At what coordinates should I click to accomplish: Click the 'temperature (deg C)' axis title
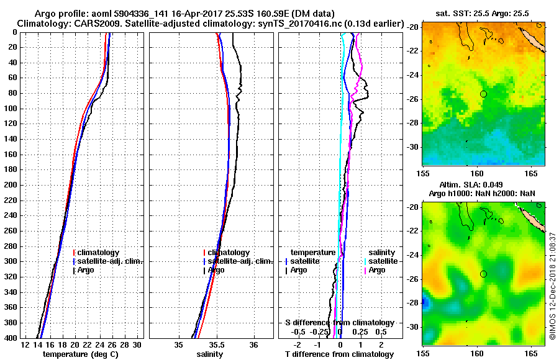(81, 354)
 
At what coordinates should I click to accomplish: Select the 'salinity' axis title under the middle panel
(211, 354)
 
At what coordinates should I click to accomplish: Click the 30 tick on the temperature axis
(137, 344)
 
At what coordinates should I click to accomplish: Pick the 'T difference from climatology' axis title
(339, 354)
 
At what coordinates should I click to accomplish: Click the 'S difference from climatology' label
(339, 323)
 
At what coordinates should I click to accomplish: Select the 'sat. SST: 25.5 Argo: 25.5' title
(477, 13)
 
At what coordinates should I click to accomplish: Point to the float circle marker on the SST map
(483, 94)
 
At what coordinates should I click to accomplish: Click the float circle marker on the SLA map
(483, 274)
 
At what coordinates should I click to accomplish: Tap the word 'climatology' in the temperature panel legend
(99, 253)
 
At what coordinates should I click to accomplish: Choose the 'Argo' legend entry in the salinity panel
(216, 270)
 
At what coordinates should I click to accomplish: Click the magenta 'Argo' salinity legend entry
(377, 270)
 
